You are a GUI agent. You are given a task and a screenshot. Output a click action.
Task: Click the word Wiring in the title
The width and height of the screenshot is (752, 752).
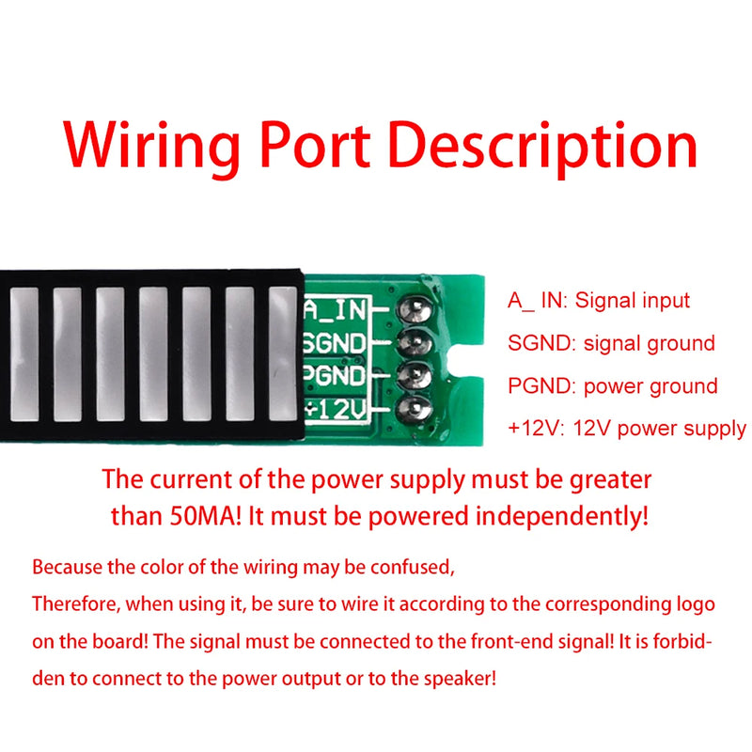click(151, 148)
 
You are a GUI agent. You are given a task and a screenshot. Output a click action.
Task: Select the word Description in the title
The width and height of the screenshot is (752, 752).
click(543, 148)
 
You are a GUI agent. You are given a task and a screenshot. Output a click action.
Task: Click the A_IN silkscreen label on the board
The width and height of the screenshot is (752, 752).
click(335, 309)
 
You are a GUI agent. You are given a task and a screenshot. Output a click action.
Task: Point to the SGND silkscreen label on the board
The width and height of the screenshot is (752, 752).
click(335, 343)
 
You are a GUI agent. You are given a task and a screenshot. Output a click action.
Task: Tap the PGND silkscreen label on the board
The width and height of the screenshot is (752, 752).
click(335, 375)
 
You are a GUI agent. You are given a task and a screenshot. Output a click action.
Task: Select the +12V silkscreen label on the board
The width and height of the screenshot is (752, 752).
click(336, 409)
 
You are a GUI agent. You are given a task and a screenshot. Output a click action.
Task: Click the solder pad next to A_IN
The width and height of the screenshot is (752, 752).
click(415, 308)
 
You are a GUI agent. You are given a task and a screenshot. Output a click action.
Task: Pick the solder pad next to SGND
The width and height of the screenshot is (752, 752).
click(415, 343)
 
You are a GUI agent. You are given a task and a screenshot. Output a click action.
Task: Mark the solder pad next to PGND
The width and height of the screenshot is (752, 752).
click(414, 376)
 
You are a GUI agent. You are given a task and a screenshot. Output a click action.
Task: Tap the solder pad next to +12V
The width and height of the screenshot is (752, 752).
click(415, 409)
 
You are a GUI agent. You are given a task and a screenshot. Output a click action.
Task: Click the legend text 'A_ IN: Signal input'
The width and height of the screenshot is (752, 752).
click(599, 301)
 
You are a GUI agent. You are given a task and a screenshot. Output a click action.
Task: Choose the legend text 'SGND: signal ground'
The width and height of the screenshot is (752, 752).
click(611, 343)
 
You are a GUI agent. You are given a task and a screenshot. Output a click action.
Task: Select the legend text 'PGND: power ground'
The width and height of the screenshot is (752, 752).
click(613, 386)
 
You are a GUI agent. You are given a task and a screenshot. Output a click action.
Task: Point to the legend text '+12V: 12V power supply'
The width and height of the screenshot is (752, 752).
click(627, 428)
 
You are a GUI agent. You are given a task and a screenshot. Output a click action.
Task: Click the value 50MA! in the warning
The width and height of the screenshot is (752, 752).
click(206, 516)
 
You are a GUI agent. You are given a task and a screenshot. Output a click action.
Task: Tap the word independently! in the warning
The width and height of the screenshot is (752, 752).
click(561, 517)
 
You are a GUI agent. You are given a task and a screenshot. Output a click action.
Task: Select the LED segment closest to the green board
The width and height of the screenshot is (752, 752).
click(283, 354)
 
